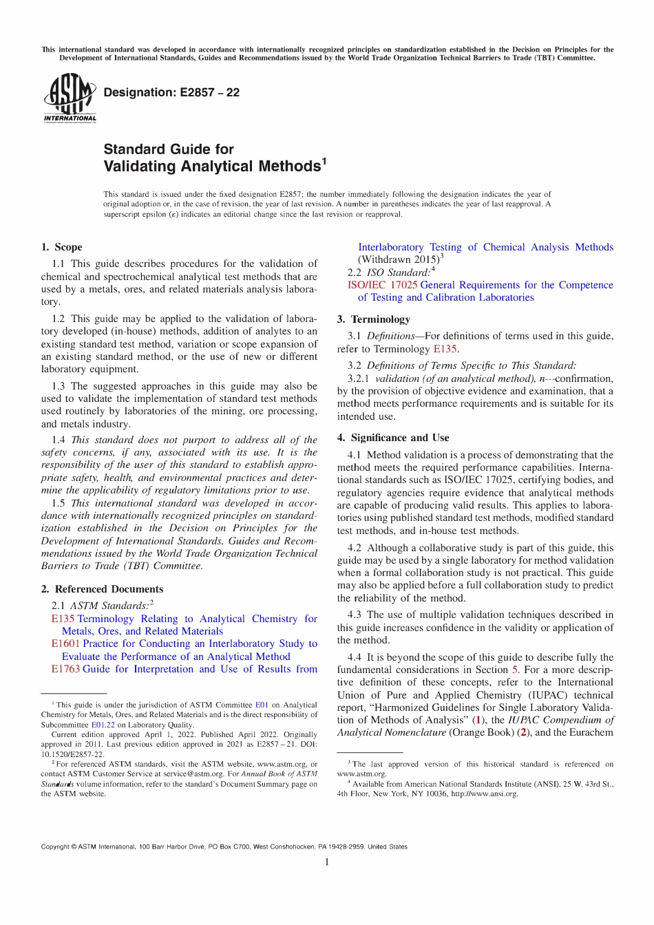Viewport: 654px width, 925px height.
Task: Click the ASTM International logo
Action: (x=70, y=98)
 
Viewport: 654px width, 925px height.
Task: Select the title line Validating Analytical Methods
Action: (x=212, y=167)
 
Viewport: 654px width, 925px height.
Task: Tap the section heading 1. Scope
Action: (x=61, y=247)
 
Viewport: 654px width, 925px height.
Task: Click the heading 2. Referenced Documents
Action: (x=102, y=589)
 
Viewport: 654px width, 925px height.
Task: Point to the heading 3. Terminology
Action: (x=373, y=319)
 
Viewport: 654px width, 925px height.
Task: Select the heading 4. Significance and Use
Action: (x=392, y=438)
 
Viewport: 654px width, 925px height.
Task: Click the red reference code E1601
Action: (x=65, y=644)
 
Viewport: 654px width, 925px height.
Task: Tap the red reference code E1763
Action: (x=65, y=669)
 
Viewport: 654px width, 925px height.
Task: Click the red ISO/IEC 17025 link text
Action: (x=382, y=285)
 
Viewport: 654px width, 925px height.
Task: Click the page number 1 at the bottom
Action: (x=327, y=862)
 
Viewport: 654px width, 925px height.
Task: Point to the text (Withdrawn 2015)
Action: (x=398, y=260)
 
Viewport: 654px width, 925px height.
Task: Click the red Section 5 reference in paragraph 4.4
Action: (x=515, y=670)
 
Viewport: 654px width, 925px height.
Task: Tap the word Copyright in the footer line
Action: (x=55, y=847)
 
